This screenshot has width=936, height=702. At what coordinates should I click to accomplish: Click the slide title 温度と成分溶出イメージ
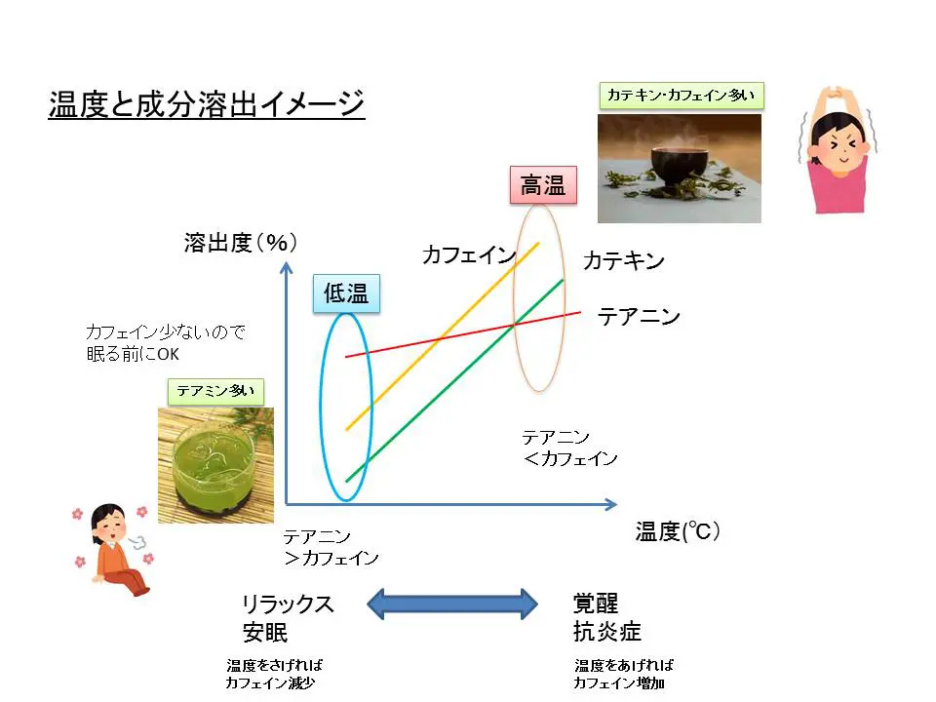(x=207, y=102)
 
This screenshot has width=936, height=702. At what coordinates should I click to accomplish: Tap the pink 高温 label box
(x=542, y=184)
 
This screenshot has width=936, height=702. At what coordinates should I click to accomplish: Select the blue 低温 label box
(x=346, y=292)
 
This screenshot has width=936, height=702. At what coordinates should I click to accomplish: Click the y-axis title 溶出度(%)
(x=240, y=244)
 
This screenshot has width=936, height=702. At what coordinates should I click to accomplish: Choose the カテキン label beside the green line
(x=624, y=261)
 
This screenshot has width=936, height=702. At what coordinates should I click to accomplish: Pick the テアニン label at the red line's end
(x=639, y=317)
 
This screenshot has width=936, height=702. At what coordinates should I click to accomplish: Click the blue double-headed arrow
(x=452, y=604)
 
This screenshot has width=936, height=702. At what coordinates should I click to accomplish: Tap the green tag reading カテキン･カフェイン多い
(x=681, y=95)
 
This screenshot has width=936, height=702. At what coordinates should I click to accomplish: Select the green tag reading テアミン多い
(x=215, y=391)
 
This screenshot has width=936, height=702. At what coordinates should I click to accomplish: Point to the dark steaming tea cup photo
(x=679, y=169)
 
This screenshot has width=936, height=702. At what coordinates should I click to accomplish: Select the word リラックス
(x=288, y=604)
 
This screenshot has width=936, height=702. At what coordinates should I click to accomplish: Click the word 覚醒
(x=596, y=604)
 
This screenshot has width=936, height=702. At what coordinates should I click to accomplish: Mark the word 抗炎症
(x=606, y=632)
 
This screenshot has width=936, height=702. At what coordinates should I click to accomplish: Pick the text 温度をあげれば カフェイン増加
(x=624, y=674)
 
